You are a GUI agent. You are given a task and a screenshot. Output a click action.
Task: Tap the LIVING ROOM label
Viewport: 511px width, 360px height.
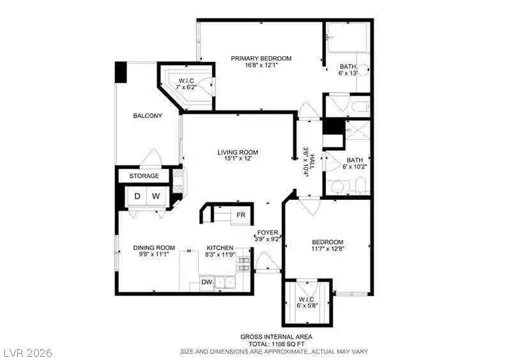(x=238, y=152)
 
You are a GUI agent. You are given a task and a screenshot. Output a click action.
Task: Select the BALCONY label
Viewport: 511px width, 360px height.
(x=147, y=116)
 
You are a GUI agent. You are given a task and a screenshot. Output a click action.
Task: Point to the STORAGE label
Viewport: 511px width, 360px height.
(x=144, y=176)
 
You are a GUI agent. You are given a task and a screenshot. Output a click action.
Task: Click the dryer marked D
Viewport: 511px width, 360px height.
(x=137, y=196)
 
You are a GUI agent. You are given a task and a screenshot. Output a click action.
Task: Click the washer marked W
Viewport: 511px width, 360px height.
(x=156, y=196)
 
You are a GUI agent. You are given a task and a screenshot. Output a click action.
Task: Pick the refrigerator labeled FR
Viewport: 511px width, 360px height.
(x=241, y=214)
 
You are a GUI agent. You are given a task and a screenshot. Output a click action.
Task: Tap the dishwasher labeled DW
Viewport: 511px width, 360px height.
(x=206, y=281)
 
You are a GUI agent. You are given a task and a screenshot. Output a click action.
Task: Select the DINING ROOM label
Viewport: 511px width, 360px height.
(x=154, y=248)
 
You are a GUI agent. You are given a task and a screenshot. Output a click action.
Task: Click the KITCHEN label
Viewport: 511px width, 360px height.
(x=220, y=248)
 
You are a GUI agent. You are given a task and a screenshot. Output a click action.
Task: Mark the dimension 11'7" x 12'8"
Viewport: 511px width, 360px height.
(x=327, y=249)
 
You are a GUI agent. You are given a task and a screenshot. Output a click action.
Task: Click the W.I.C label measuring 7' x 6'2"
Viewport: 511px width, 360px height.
(x=186, y=80)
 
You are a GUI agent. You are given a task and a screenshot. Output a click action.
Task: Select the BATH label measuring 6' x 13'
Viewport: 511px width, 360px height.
(x=347, y=66)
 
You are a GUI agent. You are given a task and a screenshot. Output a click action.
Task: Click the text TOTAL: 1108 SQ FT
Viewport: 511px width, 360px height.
(x=277, y=343)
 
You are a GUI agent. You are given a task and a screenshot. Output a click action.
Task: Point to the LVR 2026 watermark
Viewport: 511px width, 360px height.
(x=27, y=352)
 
